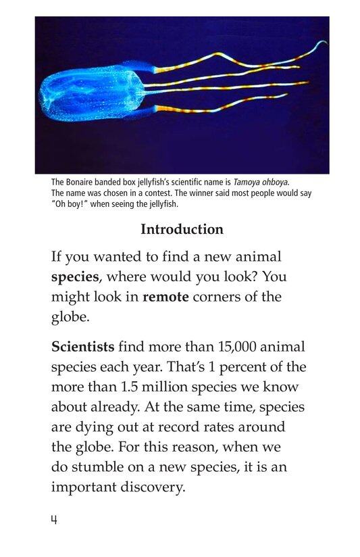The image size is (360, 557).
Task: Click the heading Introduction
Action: tap(182, 229)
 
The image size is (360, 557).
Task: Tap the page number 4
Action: tap(54, 521)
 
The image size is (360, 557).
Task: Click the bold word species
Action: tap(75, 277)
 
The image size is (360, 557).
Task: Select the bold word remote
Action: tap(165, 297)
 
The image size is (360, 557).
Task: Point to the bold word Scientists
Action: tap(83, 347)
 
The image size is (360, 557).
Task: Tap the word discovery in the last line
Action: tap(149, 487)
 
